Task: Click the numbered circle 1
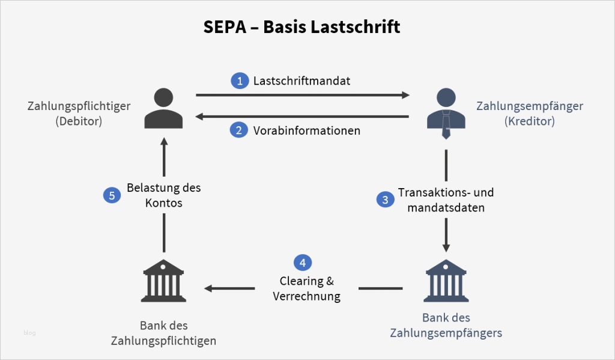[240, 81]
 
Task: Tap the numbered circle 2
[240, 130]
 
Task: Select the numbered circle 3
[386, 200]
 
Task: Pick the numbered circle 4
[303, 263]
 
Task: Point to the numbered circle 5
[112, 195]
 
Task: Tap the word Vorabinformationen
[306, 130]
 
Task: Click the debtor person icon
[163, 108]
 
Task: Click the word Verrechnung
[306, 296]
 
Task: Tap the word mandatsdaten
[446, 208]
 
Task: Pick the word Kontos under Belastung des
[163, 203]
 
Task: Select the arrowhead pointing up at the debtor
[163, 141]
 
